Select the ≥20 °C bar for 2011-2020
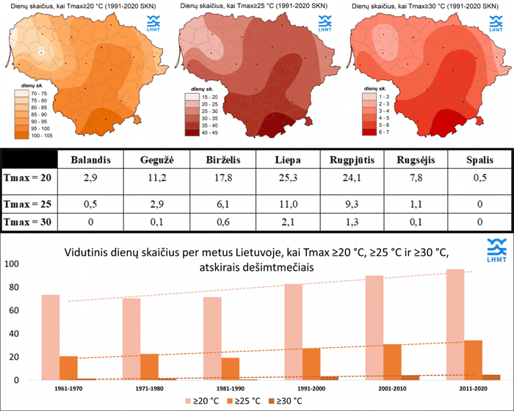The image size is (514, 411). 455,324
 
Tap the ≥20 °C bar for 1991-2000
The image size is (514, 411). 293,332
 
